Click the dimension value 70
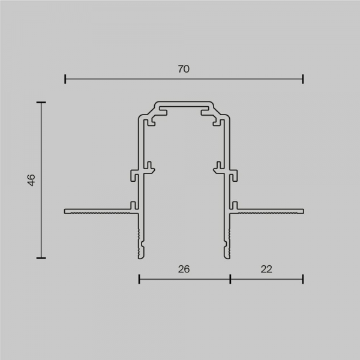click(x=184, y=69)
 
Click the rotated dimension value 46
click(x=31, y=180)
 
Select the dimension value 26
click(x=184, y=269)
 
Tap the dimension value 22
click(x=266, y=269)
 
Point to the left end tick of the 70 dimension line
click(x=65, y=79)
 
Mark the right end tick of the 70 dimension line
click(x=303, y=79)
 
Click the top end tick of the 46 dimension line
click(x=41, y=103)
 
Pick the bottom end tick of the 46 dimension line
click(x=41, y=257)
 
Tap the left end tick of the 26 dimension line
click(x=139, y=278)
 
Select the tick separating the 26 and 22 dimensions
click(x=230, y=278)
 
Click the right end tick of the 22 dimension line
click(x=303, y=278)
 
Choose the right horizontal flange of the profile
click(x=270, y=211)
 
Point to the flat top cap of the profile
click(x=184, y=103)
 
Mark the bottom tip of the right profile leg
click(x=228, y=256)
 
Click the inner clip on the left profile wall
click(x=150, y=165)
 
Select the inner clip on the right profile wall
click(x=218, y=165)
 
